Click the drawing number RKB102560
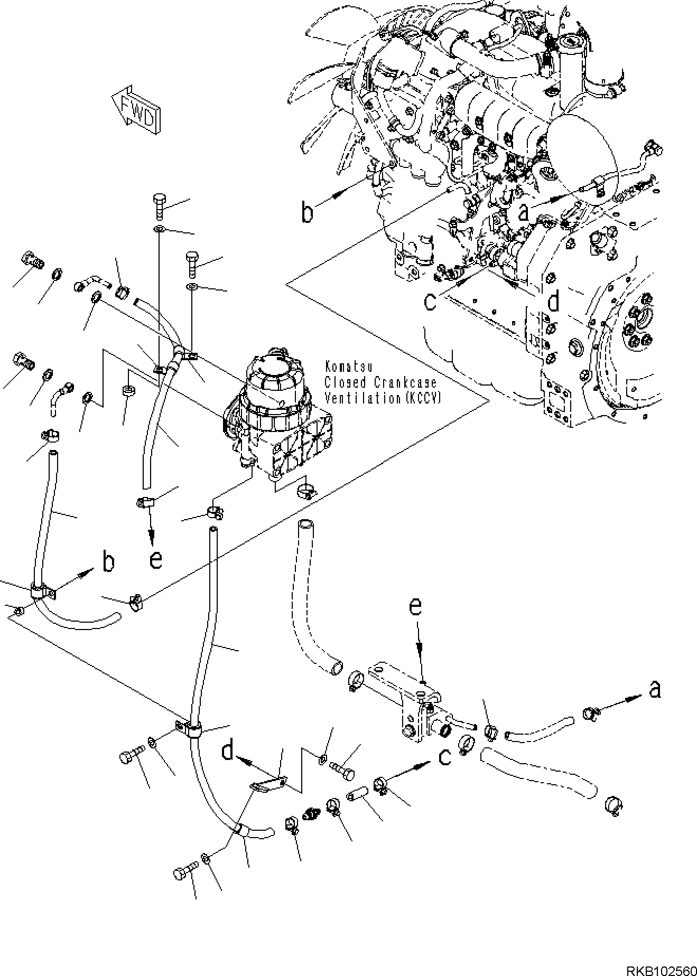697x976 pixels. point(661,969)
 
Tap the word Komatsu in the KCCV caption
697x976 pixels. point(344,365)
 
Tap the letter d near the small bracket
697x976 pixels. point(228,750)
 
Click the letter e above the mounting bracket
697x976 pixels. point(416,607)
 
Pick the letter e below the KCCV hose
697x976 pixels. point(155,559)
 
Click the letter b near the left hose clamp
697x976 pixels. point(108,562)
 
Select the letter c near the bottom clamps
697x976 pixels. point(445,757)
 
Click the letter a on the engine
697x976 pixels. point(524,212)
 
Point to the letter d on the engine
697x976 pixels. point(553,302)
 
